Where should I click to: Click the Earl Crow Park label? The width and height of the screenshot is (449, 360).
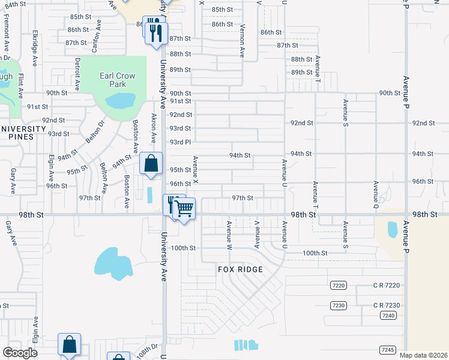point(117,80)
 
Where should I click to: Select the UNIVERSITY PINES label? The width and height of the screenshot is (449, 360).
point(23,133)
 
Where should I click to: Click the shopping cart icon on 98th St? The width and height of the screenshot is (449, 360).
point(185,208)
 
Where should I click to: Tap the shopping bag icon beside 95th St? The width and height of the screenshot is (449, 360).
point(151,163)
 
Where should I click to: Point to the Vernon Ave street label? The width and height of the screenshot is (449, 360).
point(243,41)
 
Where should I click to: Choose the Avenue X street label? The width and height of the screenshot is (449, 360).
point(195,170)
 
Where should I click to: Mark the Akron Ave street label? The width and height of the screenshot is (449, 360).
point(154,128)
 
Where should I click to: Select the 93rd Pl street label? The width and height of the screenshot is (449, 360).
point(180,142)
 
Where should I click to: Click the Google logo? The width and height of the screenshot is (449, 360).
point(20,352)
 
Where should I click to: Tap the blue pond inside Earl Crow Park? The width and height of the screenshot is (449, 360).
point(121,100)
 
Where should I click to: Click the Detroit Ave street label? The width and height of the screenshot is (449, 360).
point(77,73)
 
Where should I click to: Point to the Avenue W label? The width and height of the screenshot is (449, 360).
point(229,235)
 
